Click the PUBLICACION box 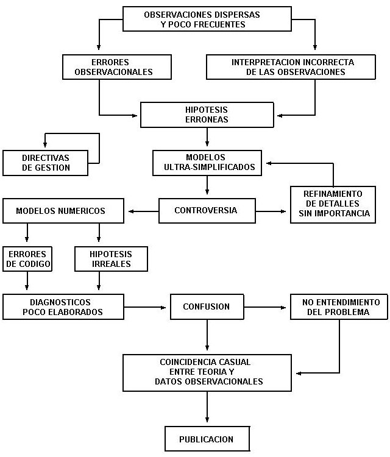[207, 439]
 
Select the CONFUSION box [207, 306]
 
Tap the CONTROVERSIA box [205, 211]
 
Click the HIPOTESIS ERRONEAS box [207, 115]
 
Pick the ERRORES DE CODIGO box [27, 258]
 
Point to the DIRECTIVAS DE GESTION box [46, 163]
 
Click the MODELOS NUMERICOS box [61, 211]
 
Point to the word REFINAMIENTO [332, 193]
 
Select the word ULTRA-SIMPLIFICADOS [207, 166]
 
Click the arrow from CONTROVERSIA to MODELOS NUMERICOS [143, 211]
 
